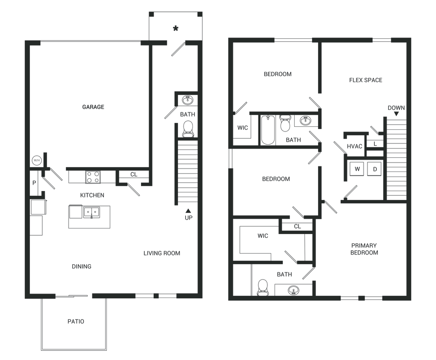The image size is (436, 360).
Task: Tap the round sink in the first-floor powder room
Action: pos(187,101)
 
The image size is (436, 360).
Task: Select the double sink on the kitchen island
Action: pos(90,212)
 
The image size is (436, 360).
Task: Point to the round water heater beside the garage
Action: pos(37,160)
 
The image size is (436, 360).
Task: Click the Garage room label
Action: pos(93,107)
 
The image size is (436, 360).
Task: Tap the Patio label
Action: pos(76,322)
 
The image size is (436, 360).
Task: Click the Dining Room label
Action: pos(162,254)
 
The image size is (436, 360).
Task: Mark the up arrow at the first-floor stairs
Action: pos(188,211)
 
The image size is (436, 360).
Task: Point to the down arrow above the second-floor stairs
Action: pos(396,114)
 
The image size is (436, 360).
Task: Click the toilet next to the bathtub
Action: pos(284,123)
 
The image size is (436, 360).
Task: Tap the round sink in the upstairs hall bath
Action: pos(305,121)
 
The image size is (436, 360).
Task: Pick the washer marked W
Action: pos(357,169)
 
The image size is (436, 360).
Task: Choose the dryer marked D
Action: pos(374,169)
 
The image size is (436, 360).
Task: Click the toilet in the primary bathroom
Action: pos(263,287)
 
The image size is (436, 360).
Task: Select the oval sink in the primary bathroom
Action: pos(293,291)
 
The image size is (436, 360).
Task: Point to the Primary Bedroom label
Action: pos(364,249)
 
